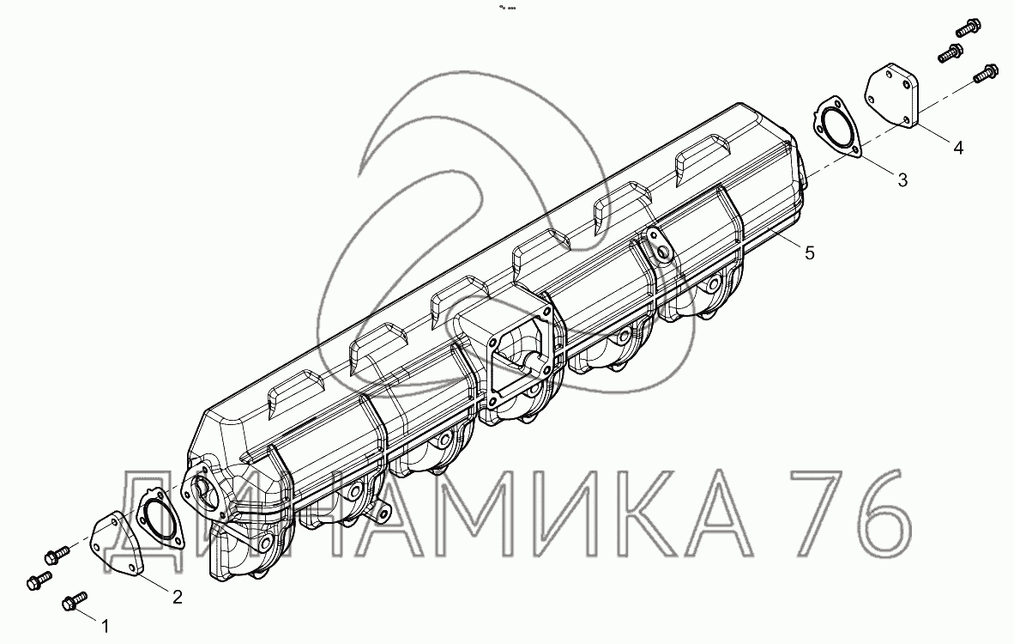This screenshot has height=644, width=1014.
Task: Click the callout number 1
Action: click(x=105, y=626)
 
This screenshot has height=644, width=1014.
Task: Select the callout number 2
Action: click(x=178, y=597)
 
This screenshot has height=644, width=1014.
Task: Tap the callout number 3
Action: click(x=902, y=180)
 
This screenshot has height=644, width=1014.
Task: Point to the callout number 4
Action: click(x=958, y=148)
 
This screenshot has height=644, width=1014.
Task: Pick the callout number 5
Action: click(x=810, y=252)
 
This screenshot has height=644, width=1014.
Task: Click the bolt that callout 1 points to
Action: click(x=74, y=601)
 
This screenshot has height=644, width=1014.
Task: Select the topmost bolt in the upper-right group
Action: click(x=968, y=29)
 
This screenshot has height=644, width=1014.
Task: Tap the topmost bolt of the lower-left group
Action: click(x=57, y=554)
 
